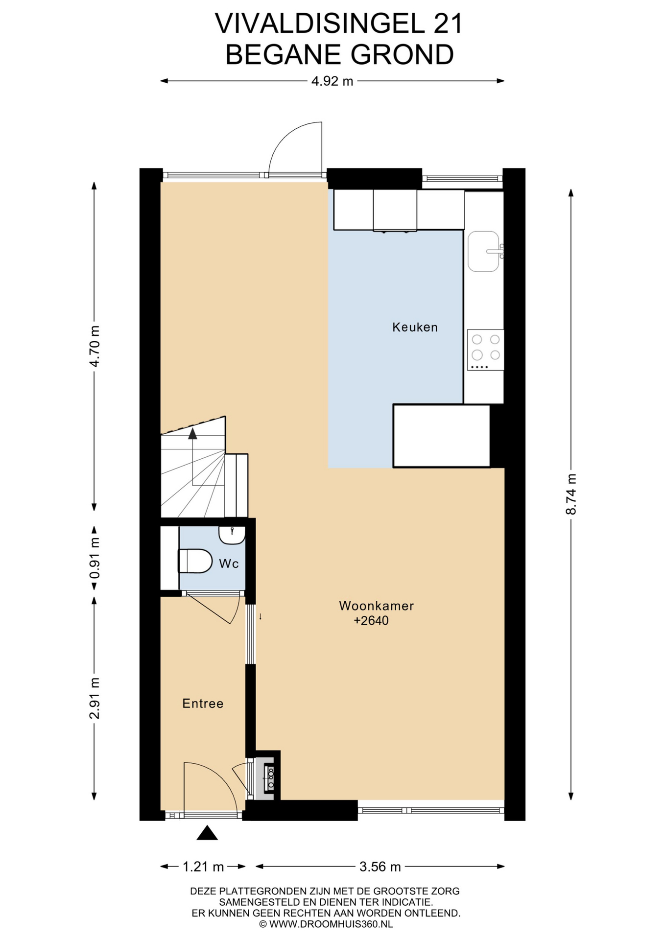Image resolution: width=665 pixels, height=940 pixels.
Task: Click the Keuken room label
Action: pyautogui.click(x=415, y=327)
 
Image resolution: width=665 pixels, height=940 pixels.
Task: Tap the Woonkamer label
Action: pyautogui.click(x=376, y=606)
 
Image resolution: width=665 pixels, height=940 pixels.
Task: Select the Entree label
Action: pyautogui.click(x=203, y=704)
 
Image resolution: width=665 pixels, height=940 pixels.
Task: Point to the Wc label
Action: pyautogui.click(x=229, y=564)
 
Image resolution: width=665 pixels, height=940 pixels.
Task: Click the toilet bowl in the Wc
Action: pyautogui.click(x=195, y=561)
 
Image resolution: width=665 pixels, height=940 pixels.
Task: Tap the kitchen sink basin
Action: pyautogui.click(x=483, y=251)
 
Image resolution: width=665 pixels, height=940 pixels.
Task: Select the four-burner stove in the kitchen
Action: pyautogui.click(x=485, y=350)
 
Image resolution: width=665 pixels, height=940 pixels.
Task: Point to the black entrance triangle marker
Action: pyautogui.click(x=207, y=833)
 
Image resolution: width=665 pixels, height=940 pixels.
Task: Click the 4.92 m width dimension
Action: pyautogui.click(x=332, y=81)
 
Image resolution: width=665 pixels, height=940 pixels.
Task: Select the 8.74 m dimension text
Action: pyautogui.click(x=571, y=494)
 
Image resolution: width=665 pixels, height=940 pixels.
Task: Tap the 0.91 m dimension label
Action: pyautogui.click(x=95, y=558)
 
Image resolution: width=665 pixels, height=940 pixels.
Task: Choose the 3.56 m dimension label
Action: pyautogui.click(x=380, y=867)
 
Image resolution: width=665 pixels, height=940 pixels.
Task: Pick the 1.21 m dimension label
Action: pyautogui.click(x=203, y=867)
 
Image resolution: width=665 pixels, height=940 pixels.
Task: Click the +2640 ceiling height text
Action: pyautogui.click(x=371, y=621)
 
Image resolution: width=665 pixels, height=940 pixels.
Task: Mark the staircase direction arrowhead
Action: pyautogui.click(x=192, y=433)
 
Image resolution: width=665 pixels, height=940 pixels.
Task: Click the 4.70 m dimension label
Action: pyautogui.click(x=95, y=346)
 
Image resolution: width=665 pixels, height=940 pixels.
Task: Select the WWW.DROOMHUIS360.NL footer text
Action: pyautogui.click(x=331, y=924)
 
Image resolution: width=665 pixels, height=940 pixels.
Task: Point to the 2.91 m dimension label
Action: pyautogui.click(x=95, y=698)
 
